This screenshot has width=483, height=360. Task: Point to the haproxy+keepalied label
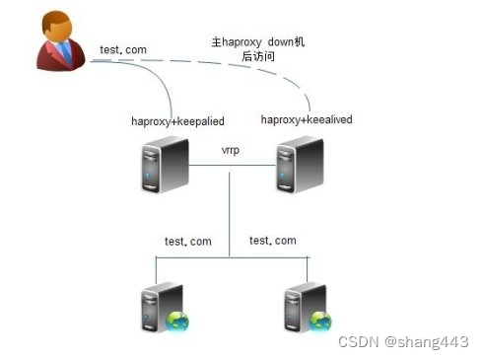pos(177,121)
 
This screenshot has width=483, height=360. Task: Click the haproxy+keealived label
pos(307,120)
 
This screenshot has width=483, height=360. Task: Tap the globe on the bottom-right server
pos(320,321)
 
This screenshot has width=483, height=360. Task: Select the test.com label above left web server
pos(187,242)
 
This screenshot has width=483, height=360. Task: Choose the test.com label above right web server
pos(273,241)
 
